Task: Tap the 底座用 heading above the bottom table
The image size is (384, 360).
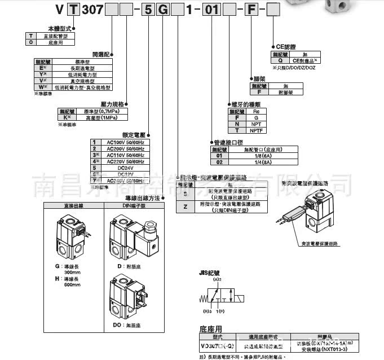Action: [211, 328]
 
